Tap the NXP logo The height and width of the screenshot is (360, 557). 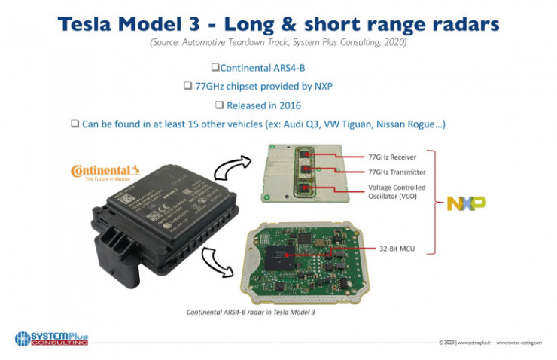click(466, 203)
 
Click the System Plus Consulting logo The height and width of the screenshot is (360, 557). click(52, 337)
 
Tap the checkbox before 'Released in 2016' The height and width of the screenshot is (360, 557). click(219, 105)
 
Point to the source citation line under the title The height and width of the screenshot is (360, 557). click(278, 43)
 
